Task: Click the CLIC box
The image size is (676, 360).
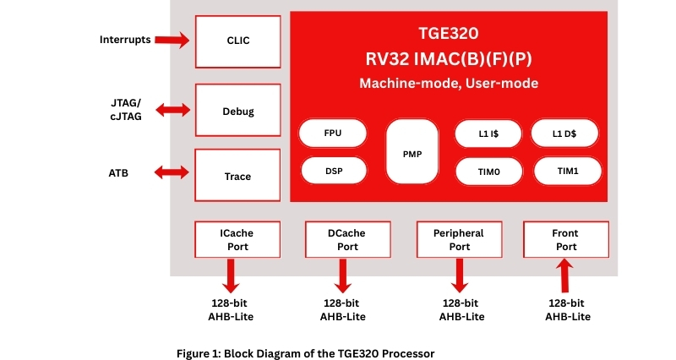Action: [238, 40]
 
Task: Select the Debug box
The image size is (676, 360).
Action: [238, 111]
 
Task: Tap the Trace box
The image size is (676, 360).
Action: [238, 176]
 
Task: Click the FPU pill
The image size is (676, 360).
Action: [333, 133]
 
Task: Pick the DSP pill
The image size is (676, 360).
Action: [333, 170]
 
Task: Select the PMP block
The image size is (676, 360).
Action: [412, 153]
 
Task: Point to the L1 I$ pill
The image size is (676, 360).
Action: [488, 134]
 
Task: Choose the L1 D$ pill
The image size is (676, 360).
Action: [564, 134]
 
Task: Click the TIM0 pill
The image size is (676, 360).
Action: [488, 172]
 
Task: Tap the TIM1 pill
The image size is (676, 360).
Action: [566, 171]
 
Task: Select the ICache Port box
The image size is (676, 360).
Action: [237, 239]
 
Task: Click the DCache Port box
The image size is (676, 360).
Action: [347, 239]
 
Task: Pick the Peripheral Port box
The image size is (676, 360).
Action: [459, 239]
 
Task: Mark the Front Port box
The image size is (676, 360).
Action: [565, 239]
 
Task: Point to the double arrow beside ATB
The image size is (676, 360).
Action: [172, 172]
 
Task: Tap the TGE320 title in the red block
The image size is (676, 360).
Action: [449, 35]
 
